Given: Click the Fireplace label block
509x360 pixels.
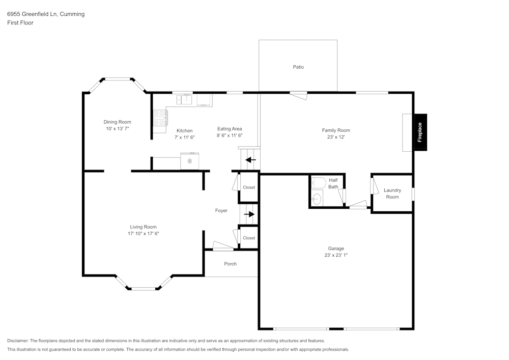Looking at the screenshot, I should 420,132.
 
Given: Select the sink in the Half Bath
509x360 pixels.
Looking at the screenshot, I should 317,199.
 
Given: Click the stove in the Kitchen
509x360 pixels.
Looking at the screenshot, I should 160,118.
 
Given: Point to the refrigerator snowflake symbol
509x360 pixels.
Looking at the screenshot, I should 189,161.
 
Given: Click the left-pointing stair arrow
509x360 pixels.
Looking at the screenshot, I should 250,159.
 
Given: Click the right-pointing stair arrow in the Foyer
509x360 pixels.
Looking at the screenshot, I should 249,214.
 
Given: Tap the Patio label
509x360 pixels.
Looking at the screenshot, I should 298,67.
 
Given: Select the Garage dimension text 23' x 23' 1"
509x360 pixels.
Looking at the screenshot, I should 335,255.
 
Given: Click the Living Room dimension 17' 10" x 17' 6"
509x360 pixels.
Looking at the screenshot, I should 143,234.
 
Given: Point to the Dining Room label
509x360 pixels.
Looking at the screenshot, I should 118,122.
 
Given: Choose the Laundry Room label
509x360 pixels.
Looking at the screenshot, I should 392,193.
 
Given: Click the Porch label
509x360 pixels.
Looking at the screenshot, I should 230,264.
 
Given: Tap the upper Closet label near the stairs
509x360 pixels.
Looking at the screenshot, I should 249,187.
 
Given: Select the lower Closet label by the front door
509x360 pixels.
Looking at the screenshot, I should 249,238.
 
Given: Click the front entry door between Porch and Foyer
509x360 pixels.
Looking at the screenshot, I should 222,246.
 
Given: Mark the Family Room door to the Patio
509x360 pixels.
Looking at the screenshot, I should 298,94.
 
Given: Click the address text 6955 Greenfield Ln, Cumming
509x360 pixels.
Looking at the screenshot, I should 46,14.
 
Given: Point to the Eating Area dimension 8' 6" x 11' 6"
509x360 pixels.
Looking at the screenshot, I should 230,136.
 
